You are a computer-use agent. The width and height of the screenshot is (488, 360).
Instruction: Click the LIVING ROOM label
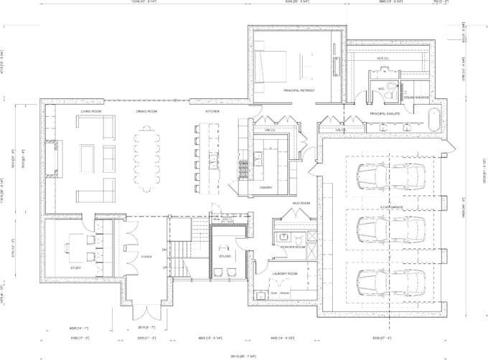click(x=90, y=112)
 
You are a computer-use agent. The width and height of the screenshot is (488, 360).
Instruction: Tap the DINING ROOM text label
click(x=146, y=112)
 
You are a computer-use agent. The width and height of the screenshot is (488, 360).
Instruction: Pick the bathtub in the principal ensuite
click(x=433, y=119)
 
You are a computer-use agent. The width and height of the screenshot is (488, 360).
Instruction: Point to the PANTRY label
click(x=264, y=187)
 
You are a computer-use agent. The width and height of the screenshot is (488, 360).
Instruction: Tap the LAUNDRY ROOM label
click(x=285, y=273)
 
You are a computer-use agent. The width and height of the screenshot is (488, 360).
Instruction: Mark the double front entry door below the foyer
click(x=146, y=313)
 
